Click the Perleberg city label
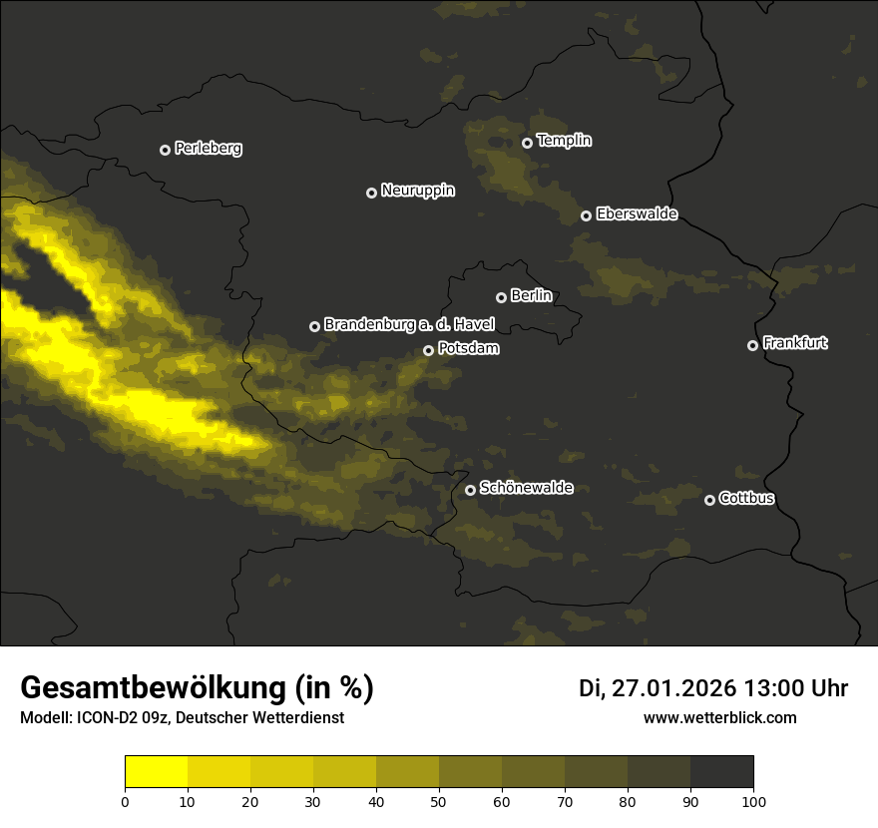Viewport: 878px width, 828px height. coord(209,149)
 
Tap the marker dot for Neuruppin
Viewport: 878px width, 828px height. coord(371,193)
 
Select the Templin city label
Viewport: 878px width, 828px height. coord(565,141)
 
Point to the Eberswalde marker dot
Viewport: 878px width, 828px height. coord(586,215)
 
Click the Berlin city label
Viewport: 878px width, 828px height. coord(531,296)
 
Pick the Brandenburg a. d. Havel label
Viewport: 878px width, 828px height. coord(409,325)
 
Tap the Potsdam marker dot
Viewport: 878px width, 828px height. coord(428,350)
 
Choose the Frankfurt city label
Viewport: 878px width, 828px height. coord(795,343)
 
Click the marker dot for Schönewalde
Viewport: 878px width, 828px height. coord(470,490)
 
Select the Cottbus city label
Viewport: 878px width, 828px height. coord(746,498)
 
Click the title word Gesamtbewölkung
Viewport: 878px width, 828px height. coord(152,688)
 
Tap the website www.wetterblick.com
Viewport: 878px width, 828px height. coord(720,717)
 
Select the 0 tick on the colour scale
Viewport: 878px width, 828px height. coord(125,800)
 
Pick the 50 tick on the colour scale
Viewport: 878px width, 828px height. coord(439,800)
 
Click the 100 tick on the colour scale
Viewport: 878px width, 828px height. coord(753,800)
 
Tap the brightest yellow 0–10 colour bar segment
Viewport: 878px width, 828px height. coord(156,771)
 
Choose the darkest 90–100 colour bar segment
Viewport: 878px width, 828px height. coord(721,771)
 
